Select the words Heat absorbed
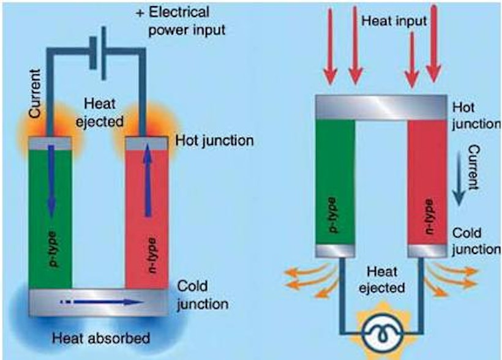click(x=100, y=337)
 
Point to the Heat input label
click(x=392, y=21)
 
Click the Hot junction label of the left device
click(x=214, y=140)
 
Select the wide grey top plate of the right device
click(x=380, y=107)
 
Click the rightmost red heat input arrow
click(x=435, y=43)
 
